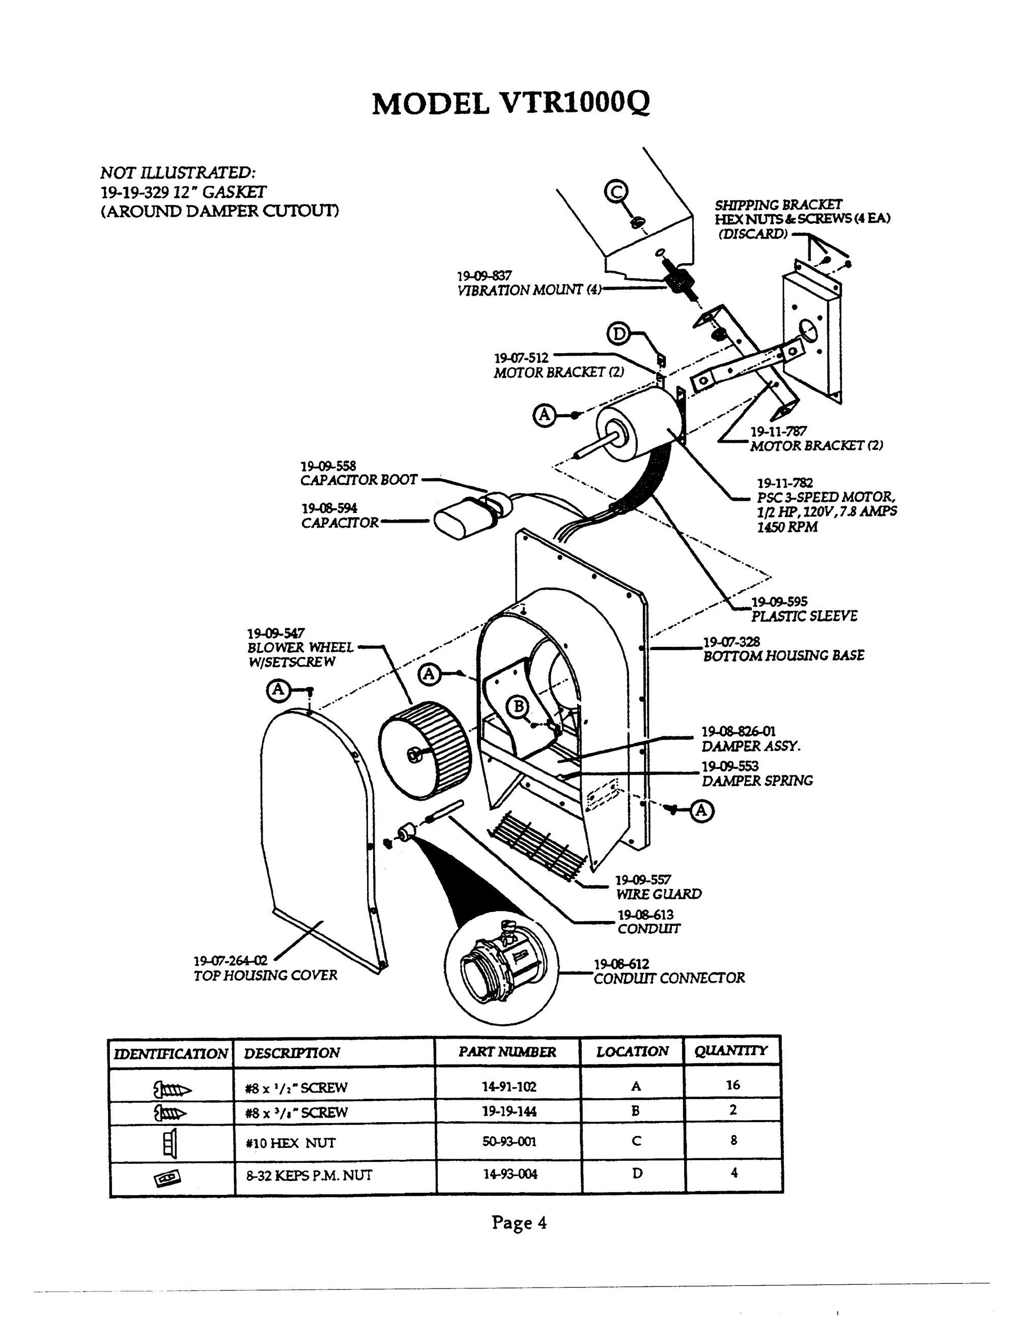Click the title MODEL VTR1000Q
coord(511,104)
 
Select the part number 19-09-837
coord(484,276)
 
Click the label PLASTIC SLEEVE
coord(803,616)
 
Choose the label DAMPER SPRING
coord(757,781)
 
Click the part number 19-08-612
coord(622,964)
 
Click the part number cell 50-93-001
coord(509,1141)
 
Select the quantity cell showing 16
coord(733,1085)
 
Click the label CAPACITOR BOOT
coord(359,480)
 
